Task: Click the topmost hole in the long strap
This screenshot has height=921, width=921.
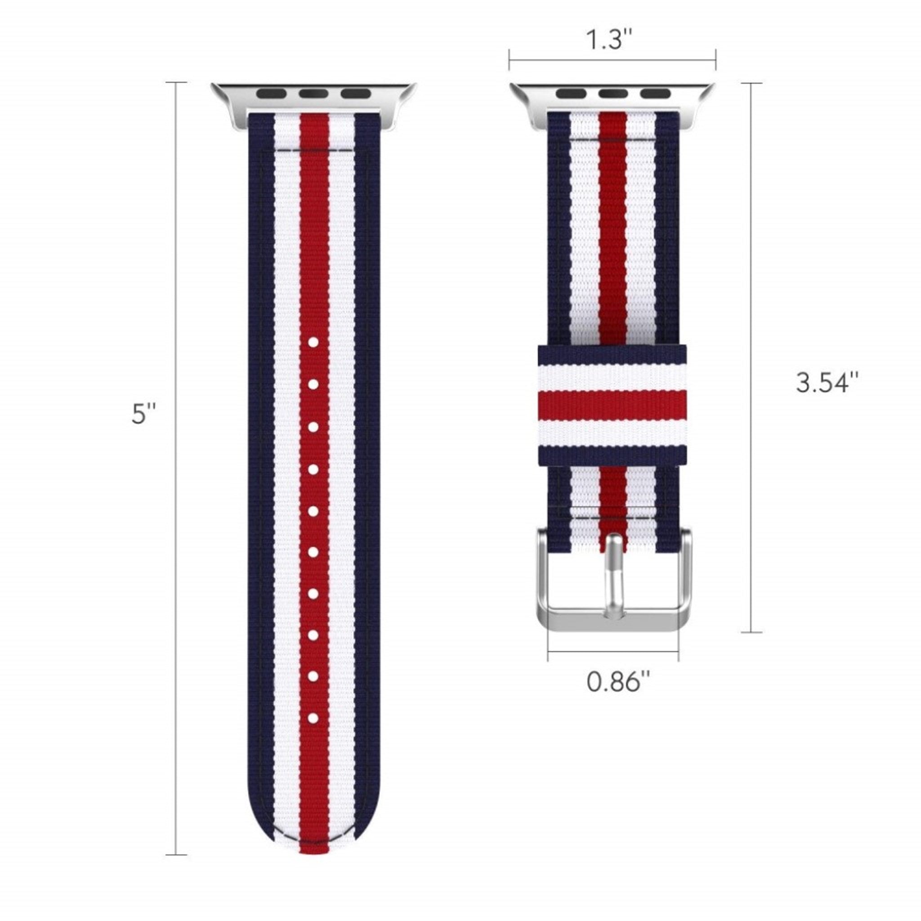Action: (x=313, y=342)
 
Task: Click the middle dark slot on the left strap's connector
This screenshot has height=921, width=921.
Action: (x=313, y=94)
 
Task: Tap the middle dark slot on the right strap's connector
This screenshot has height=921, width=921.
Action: (x=613, y=94)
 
